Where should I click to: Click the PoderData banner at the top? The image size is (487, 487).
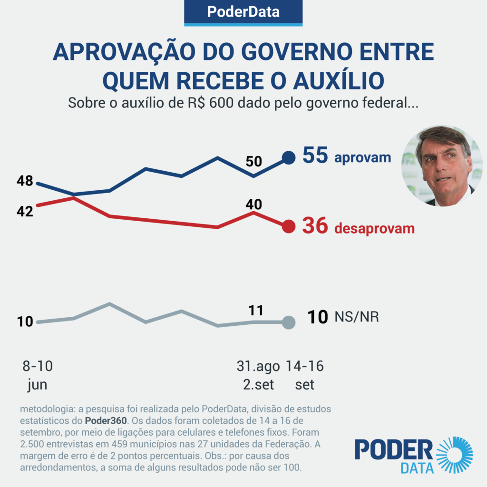coord(243,12)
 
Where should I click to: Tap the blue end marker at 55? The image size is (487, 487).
coord(289,157)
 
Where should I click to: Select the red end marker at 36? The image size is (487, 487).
coord(289,226)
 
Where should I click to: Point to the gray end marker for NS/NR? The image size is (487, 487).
coord(288,322)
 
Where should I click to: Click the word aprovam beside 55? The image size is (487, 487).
coord(362,158)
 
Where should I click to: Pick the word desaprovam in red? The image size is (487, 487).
coord(374,228)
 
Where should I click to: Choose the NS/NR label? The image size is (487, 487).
coord(357,317)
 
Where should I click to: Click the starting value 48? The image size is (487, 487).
coord(24,181)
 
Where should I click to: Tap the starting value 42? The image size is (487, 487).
coord(24,211)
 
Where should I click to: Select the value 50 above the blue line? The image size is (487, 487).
coord(253,161)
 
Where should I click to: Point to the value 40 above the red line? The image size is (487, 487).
coord(253,204)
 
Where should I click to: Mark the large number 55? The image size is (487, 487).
coord(315,156)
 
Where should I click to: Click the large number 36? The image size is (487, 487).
coord(315,226)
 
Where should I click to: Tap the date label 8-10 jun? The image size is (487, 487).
coord(37,375)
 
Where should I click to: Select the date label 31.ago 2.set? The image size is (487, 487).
coord(258,375)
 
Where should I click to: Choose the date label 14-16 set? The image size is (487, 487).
coord(304,375)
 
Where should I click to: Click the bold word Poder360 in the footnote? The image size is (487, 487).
coord(106,421)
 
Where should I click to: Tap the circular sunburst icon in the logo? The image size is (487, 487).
coord(454,455)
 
